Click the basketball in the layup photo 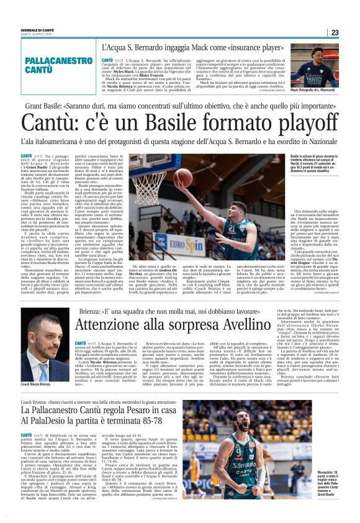(x=166, y=163)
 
